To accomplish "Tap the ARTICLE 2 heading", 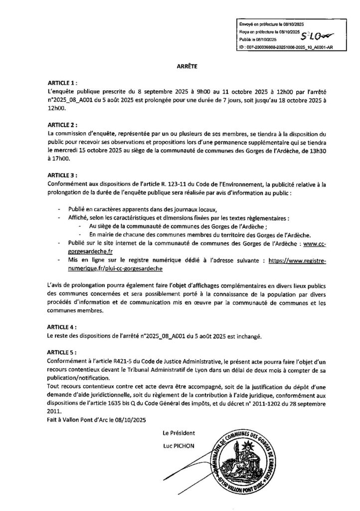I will (63, 126).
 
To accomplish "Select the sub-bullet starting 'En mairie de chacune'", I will (199, 234).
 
